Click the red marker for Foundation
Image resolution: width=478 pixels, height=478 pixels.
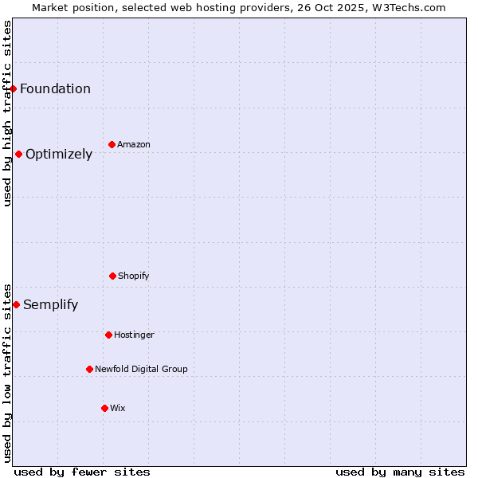pos(14,88)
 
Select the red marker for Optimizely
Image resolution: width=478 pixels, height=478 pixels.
pos(18,154)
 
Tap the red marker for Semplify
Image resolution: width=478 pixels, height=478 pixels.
pos(16,304)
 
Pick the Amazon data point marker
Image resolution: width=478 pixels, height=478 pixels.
pos(112,144)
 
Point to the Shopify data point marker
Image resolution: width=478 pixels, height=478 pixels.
pos(112,276)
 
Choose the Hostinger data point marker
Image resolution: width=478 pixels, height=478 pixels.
pos(108,335)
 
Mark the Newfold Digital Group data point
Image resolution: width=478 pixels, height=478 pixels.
pos(89,369)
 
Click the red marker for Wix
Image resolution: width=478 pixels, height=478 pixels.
pos(104,408)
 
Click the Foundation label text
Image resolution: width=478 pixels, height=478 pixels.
pos(55,88)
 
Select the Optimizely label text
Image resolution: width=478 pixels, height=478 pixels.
pos(59,154)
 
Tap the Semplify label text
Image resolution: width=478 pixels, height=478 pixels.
pos(50,304)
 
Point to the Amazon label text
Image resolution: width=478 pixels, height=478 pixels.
pos(134,144)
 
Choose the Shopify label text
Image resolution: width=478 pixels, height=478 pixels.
pos(134,276)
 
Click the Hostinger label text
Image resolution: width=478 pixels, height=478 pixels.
pos(134,335)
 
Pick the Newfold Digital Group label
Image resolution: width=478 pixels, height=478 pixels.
pos(141,369)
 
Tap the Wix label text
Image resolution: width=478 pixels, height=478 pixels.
pos(118,408)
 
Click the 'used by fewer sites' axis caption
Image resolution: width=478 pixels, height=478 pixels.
pos(82,472)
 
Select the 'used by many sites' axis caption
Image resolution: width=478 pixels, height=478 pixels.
pos(400,472)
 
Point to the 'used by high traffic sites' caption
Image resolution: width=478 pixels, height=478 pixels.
pos(7,113)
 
